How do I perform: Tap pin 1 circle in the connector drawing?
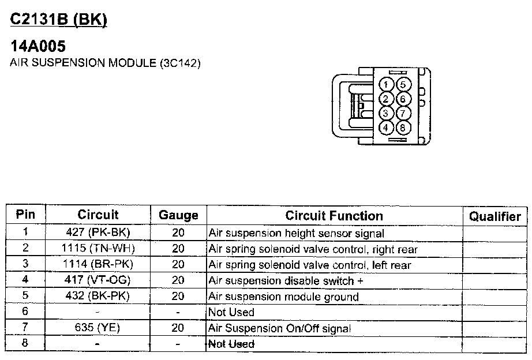click(387, 85)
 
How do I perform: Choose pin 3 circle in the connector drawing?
click(387, 113)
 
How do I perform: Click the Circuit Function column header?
click(334, 216)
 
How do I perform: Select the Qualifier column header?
click(494, 216)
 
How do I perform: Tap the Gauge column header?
click(178, 216)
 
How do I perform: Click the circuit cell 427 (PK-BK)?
click(98, 233)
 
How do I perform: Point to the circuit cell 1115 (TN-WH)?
click(98, 249)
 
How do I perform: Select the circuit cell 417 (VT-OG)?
click(98, 281)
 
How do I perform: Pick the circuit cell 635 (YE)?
click(98, 328)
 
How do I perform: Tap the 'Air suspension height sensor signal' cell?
click(296, 234)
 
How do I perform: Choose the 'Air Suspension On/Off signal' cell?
click(280, 328)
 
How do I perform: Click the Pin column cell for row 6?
click(25, 312)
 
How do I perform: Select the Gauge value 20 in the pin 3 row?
click(178, 265)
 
